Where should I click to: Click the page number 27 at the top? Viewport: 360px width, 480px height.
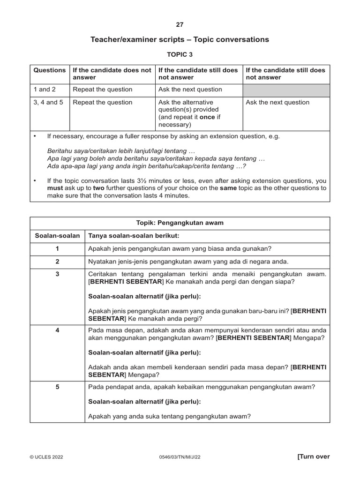point(180,25)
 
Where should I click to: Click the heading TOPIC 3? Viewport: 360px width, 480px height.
point(180,54)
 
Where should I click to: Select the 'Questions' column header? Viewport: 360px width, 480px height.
point(50,70)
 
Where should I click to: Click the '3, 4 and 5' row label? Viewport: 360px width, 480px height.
point(48,102)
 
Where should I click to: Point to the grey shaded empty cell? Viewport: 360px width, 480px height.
point(286,90)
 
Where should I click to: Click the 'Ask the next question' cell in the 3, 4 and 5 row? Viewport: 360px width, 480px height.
point(277,102)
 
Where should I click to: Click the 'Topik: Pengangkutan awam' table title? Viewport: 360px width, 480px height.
point(180,223)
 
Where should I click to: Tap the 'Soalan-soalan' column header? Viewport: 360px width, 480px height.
point(57,235)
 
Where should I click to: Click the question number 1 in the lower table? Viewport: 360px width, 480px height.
point(57,248)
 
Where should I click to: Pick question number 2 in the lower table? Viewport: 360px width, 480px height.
point(57,261)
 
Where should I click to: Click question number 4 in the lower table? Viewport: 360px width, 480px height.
point(57,330)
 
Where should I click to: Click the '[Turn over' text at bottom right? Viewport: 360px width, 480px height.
point(314,457)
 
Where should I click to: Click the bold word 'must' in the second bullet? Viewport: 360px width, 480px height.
point(55,188)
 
